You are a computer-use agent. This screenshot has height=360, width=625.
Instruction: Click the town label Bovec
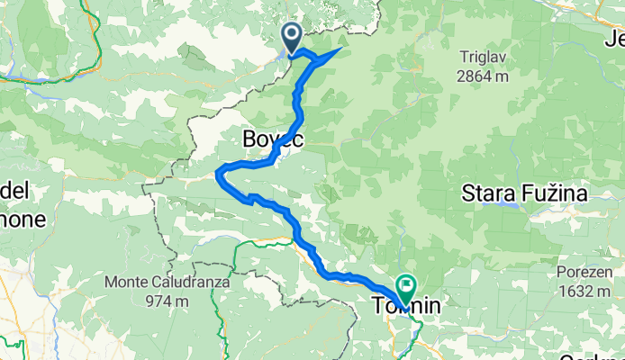pos(273,139)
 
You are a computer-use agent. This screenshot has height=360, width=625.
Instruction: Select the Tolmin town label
pos(406,307)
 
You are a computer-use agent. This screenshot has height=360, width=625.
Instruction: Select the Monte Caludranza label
pos(168,282)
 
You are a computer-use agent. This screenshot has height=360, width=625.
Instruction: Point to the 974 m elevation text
pos(168,300)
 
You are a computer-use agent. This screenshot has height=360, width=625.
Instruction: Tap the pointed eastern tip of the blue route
pos(339,49)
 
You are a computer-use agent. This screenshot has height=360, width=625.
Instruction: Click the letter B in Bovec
pos(249,139)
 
